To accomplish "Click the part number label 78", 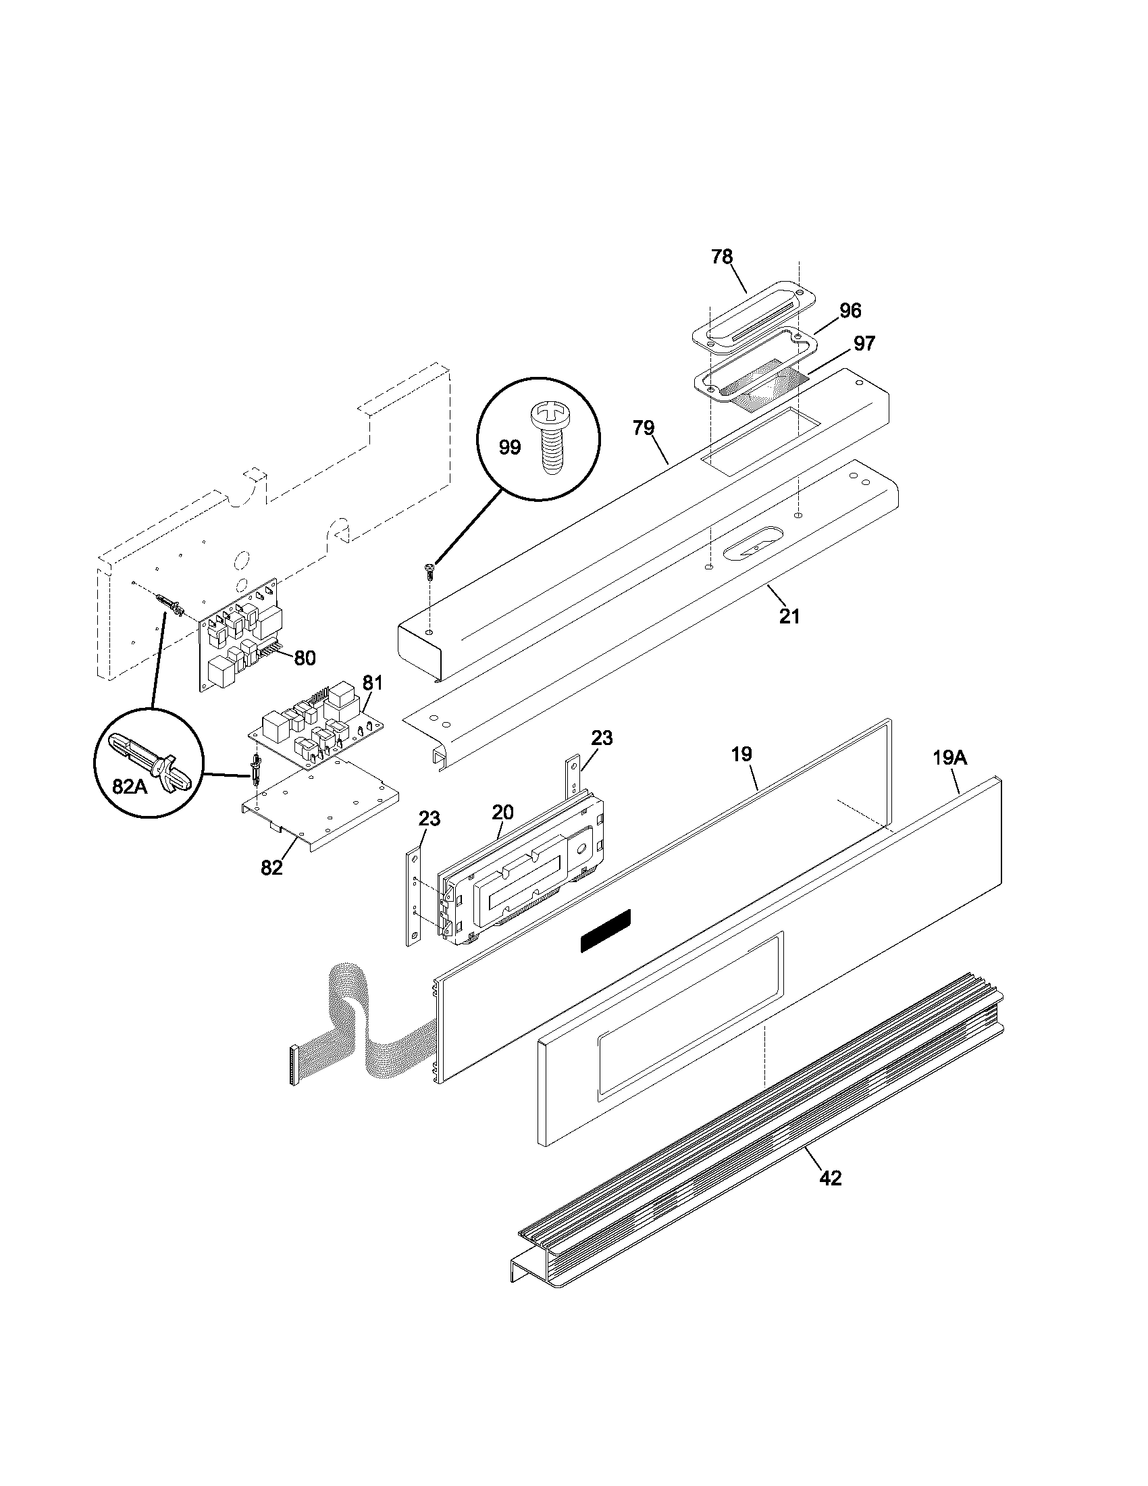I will click(722, 257).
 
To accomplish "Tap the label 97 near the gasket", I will click(864, 344).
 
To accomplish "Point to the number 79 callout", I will click(643, 428).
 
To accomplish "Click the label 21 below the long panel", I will click(789, 617).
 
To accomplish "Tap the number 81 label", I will click(372, 682).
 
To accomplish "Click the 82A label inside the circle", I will click(129, 786).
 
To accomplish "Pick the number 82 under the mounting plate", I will click(271, 867).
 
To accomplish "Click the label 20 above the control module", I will click(502, 812).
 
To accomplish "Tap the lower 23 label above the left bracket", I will click(429, 819).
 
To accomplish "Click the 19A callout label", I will click(949, 758).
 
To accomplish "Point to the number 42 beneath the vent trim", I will click(830, 1177).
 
